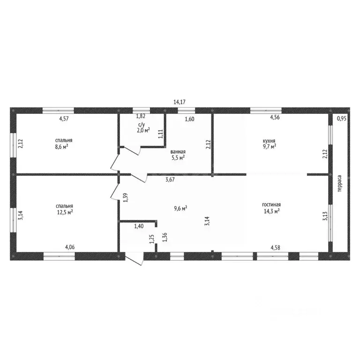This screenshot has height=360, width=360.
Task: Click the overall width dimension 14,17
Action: (180, 102)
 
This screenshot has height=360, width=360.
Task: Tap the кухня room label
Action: (269, 141)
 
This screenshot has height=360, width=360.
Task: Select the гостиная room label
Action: (271, 204)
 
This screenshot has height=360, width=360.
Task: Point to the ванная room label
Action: (178, 152)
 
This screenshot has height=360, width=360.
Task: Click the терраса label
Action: (339, 183)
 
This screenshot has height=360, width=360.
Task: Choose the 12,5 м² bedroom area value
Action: (65, 212)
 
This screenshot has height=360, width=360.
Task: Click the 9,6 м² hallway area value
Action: (180, 209)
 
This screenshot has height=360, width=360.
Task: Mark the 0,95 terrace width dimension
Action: (342, 119)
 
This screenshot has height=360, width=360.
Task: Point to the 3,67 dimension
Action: (170, 180)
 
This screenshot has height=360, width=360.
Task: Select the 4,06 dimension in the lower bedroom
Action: (70, 247)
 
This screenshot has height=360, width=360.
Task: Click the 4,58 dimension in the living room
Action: (275, 247)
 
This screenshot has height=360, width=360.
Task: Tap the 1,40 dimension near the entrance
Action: (139, 226)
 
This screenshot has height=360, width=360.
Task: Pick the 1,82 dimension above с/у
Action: (141, 116)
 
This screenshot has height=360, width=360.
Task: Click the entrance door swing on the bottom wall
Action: (134, 259)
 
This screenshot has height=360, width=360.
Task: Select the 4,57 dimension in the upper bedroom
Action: (64, 119)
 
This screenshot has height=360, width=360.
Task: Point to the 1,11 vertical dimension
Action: (160, 134)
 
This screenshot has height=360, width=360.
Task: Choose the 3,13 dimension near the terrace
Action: (325, 216)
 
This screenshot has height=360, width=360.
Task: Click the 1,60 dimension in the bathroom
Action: (190, 119)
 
